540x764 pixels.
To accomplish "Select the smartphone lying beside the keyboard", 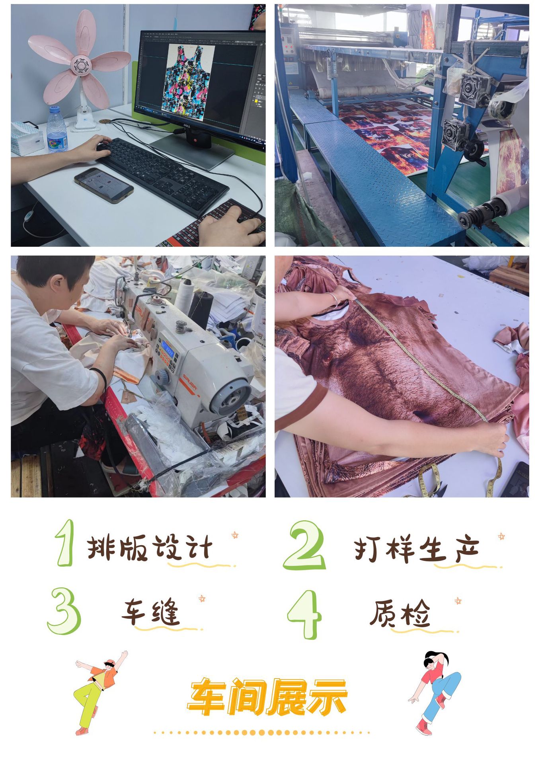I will point(103,185).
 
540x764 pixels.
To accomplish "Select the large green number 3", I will point(64,611).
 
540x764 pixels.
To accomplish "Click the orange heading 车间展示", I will point(267,697).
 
